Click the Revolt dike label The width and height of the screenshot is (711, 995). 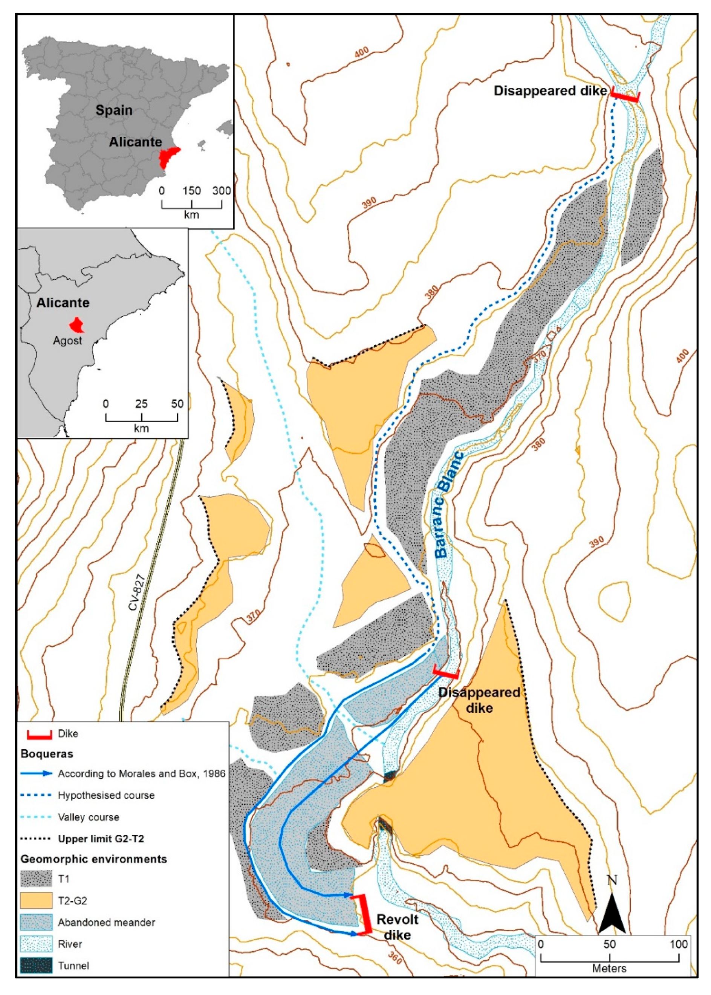(x=397, y=927)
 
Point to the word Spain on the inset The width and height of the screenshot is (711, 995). (x=114, y=110)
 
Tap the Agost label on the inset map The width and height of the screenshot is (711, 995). (x=67, y=340)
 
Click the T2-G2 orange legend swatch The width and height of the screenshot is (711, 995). (x=36, y=900)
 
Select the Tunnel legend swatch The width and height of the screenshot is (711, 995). (x=36, y=966)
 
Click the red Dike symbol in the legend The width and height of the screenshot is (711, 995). (x=40, y=734)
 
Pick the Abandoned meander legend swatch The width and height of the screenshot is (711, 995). (x=36, y=922)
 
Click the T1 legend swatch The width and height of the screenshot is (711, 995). (x=36, y=879)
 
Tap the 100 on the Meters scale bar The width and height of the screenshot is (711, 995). (x=678, y=944)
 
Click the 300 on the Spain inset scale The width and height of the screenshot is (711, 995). (x=222, y=190)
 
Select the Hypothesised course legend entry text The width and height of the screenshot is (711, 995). (x=106, y=795)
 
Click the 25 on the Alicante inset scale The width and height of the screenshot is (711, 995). (x=141, y=403)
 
